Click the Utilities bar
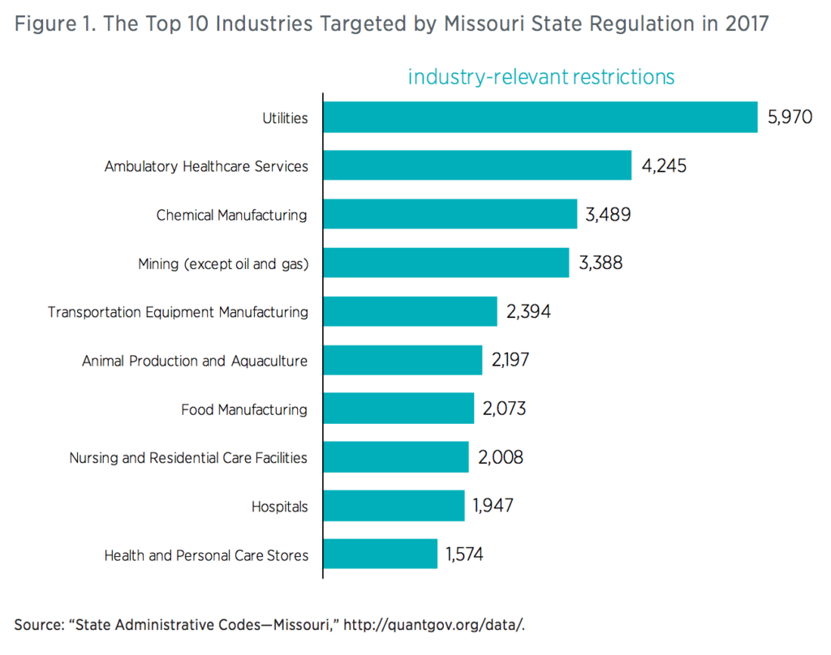tap(540, 118)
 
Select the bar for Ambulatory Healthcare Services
tap(477, 166)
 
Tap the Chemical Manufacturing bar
tap(450, 215)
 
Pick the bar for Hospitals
tap(394, 506)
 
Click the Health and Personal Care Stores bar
tap(380, 554)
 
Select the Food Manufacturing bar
tap(398, 409)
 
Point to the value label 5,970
tap(790, 118)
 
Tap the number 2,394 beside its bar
tap(528, 311)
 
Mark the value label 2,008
tap(501, 457)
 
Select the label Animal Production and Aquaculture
tap(195, 361)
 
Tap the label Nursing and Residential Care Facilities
tap(188, 458)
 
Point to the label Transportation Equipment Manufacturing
tap(178, 312)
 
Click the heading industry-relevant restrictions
tap(541, 77)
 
